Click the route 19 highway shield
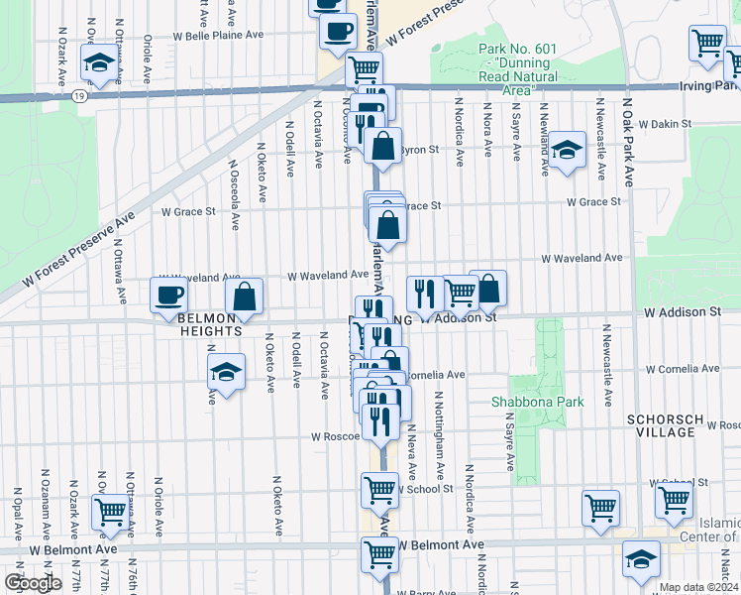point(77,96)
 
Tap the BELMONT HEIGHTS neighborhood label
point(211,324)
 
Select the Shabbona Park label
point(538,402)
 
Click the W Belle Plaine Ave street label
point(218,35)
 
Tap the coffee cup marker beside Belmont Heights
point(167,294)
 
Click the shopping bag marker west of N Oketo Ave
point(244,296)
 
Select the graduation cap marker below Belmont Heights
point(227,373)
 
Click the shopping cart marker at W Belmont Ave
point(379,553)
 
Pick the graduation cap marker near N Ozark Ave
point(98,64)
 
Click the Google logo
point(33,583)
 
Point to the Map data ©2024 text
point(698,587)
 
